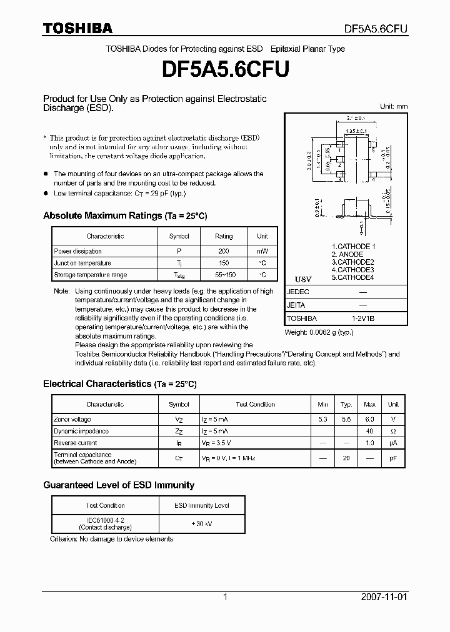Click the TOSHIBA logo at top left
click(77, 28)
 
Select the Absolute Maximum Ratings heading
click(124, 215)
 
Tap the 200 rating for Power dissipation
click(223, 251)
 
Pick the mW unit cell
click(262, 251)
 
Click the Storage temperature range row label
click(90, 275)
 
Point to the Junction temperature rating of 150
click(223, 263)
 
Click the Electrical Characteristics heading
click(119, 384)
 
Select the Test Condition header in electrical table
click(255, 404)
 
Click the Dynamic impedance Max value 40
click(369, 432)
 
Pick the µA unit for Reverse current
click(393, 443)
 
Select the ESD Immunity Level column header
click(201, 505)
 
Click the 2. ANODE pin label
click(347, 254)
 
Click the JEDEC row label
click(298, 292)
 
